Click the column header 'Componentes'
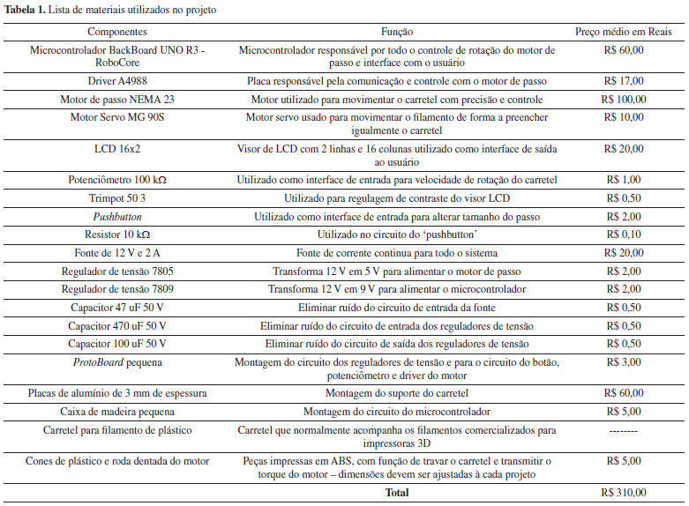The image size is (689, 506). click(x=117, y=30)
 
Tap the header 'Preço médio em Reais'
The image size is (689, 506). click(x=625, y=30)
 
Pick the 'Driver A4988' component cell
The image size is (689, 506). click(x=117, y=81)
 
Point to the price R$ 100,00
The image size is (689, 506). click(x=625, y=99)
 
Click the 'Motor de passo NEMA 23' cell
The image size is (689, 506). click(x=117, y=99)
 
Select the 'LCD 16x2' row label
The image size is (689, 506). click(x=117, y=149)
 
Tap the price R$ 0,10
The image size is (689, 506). click(x=625, y=234)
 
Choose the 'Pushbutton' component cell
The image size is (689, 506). click(x=117, y=216)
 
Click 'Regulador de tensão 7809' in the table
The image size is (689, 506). click(x=117, y=289)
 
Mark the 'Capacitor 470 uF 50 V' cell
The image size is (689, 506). click(x=117, y=325)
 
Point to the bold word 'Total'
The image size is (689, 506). click(x=396, y=492)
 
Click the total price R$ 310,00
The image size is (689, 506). click(x=625, y=492)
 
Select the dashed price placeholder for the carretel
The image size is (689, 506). click(x=625, y=430)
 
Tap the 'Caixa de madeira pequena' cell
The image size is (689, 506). click(x=117, y=410)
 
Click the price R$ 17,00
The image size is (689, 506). click(x=625, y=81)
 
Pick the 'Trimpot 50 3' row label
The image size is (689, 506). click(x=117, y=198)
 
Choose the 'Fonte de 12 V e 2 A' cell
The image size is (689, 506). click(x=117, y=252)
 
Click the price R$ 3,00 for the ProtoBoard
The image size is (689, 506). click(x=625, y=361)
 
